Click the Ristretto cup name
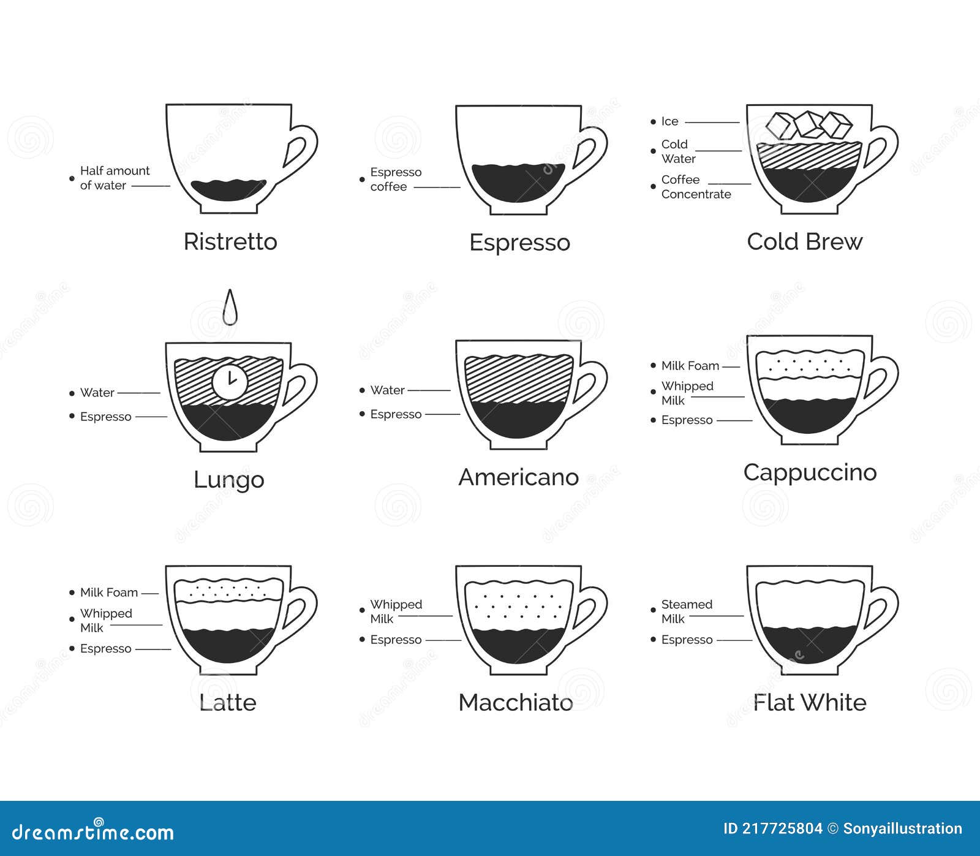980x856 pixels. pos(230,241)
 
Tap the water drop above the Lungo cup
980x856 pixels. pos(230,307)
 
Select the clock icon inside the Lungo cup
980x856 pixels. pos(230,382)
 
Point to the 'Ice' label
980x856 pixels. pos(669,121)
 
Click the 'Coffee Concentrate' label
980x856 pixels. pos(696,187)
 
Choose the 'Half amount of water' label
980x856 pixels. pos(115,178)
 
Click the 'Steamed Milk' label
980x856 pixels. pos(687,612)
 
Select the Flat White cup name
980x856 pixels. pos(810,702)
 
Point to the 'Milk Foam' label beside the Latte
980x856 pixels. pos(109,593)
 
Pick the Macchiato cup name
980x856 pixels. pos(516,702)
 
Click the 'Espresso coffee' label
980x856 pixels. pos(396,180)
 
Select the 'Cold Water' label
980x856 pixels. pos(678,151)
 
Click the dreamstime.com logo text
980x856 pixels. pos(93,832)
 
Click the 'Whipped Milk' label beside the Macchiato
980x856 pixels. pos(396,612)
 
